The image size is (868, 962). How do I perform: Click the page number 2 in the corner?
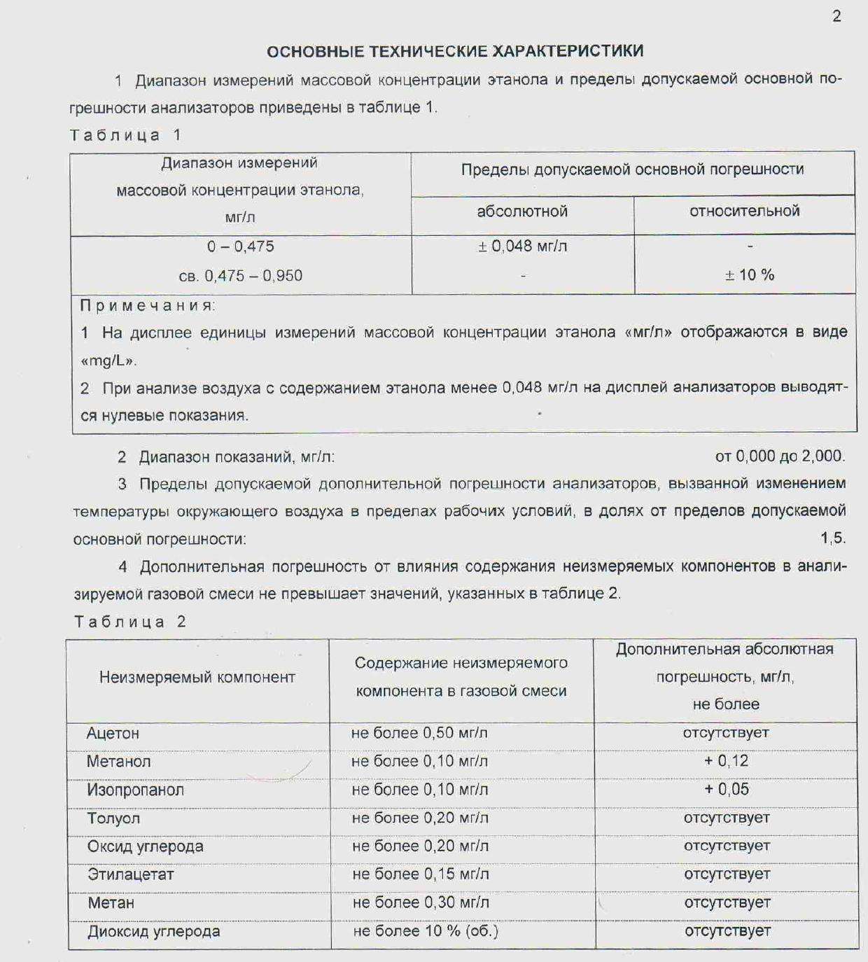[836, 16]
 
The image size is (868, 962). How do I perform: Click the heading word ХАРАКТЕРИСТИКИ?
[568, 51]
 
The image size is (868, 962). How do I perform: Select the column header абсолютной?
[522, 211]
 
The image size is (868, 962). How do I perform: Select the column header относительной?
[744, 211]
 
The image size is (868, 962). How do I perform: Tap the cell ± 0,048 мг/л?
[522, 246]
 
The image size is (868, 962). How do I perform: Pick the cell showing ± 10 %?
[749, 275]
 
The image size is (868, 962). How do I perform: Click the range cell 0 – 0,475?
[240, 246]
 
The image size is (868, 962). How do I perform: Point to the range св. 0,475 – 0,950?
[240, 276]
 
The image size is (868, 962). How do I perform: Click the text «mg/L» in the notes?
[108, 361]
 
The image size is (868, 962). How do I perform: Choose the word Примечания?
[147, 305]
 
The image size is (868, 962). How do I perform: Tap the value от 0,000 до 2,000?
[780, 456]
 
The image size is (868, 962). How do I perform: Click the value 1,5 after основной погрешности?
[833, 538]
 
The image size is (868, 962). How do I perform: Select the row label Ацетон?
[113, 733]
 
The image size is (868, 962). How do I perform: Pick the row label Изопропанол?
[135, 790]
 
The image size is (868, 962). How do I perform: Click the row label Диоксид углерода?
[153, 931]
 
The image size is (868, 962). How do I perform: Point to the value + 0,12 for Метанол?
[726, 761]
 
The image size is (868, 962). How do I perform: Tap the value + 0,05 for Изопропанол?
[726, 789]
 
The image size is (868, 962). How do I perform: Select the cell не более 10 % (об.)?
[425, 931]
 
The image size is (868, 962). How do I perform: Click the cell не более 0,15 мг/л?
[420, 874]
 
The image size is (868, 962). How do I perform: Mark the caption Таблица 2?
[130, 622]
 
